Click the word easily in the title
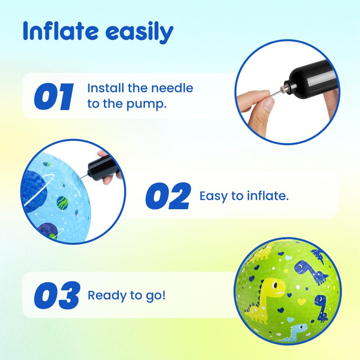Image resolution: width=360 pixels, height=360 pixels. click(x=139, y=32)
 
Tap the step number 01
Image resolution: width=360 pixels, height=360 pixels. click(x=54, y=96)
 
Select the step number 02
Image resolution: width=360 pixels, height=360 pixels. click(x=168, y=196)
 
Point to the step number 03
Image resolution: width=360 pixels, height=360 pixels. click(x=57, y=295)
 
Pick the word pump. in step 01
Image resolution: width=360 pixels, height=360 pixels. click(x=146, y=104)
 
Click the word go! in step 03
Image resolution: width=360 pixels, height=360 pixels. click(x=156, y=296)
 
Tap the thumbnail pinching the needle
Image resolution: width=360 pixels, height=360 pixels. click(x=268, y=104)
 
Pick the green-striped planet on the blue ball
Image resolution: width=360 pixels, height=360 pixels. click(x=62, y=203)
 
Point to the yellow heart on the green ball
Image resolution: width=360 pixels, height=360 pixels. click(x=301, y=301)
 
